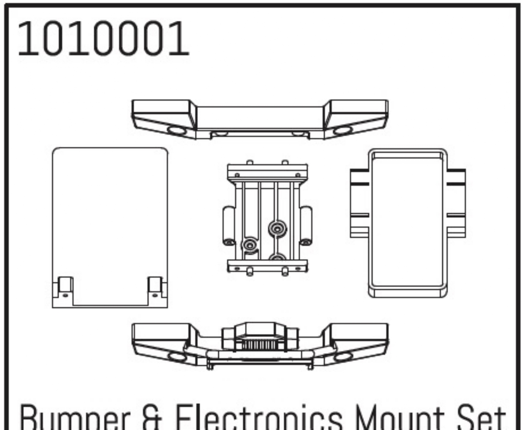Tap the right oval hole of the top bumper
point(342,130)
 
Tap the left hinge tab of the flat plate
point(64,287)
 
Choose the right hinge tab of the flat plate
point(155,287)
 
